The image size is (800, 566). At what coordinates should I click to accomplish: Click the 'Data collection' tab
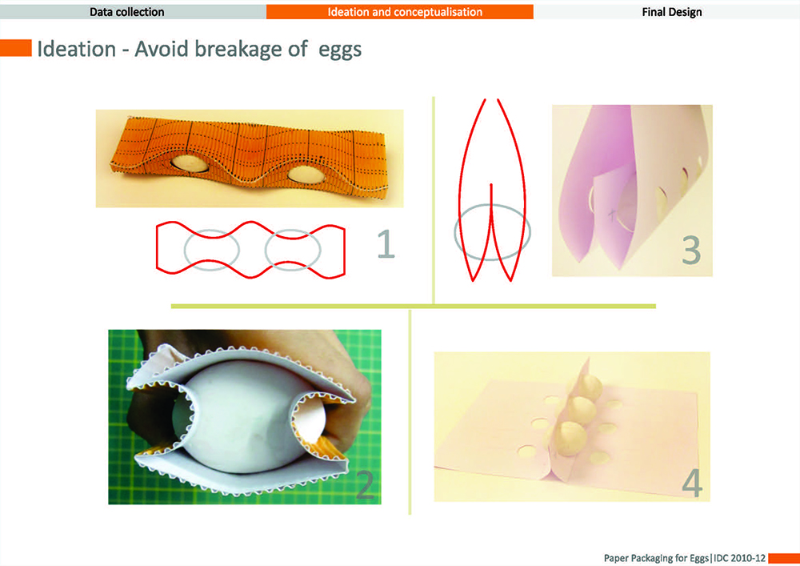coord(127,12)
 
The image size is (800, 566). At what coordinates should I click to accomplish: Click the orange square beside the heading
coord(16,48)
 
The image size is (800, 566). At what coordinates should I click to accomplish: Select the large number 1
coord(386,243)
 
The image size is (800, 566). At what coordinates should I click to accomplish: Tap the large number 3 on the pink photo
coord(691,250)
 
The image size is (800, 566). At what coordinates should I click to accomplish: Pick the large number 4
coord(692,483)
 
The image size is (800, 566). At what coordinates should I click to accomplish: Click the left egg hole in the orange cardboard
coord(189,163)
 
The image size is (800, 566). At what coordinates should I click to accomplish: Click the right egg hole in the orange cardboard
coord(305,175)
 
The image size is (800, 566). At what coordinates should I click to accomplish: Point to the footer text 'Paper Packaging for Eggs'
coord(656,558)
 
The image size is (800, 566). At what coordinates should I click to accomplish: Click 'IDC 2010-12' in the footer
coord(739,558)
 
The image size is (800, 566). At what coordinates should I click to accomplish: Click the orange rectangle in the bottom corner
coord(784,558)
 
